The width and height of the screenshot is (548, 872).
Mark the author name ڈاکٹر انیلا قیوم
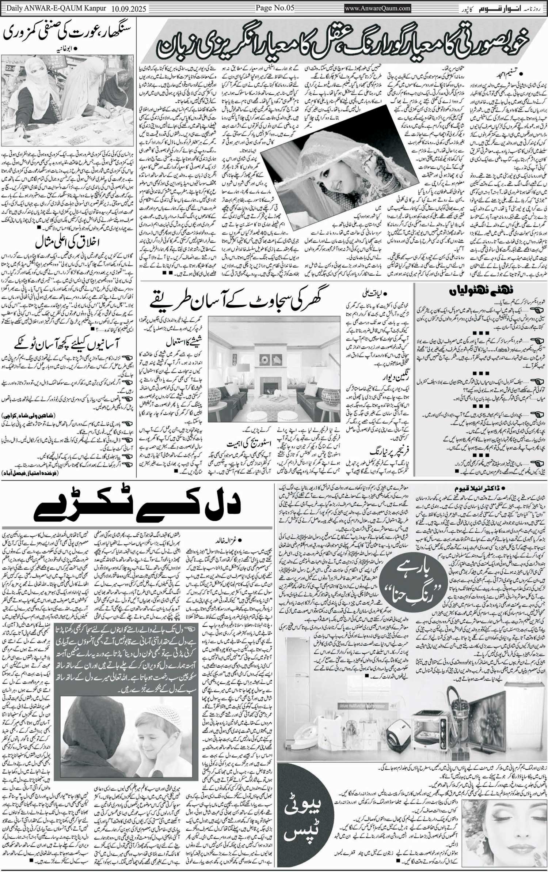pyautogui.click(x=479, y=488)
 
